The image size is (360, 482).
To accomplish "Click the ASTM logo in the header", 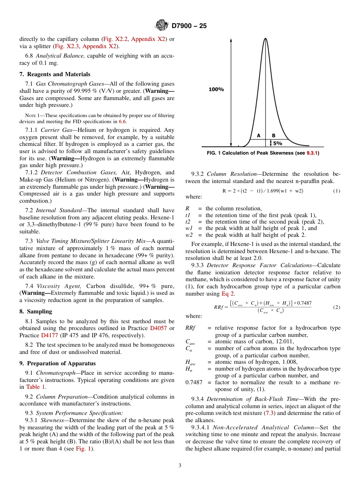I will click(x=162, y=26).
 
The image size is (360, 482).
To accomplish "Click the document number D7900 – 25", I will click(x=189, y=26).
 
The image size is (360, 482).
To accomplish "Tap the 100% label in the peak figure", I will click(x=216, y=89).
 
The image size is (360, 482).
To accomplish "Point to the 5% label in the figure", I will click(x=277, y=143).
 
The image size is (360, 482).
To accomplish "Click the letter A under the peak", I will click(x=258, y=135).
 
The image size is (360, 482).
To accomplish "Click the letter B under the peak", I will click(x=273, y=135).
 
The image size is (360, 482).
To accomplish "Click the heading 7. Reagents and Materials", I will click(x=55, y=74).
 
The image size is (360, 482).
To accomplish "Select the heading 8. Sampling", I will click(x=36, y=311).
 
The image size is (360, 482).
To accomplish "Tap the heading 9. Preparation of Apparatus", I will click(x=57, y=363).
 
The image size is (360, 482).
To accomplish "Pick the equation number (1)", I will click(x=337, y=191).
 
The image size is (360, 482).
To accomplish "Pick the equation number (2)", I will click(x=337, y=307).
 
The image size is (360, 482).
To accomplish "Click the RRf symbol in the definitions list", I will click(x=190, y=328).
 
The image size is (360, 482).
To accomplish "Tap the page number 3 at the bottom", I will click(x=180, y=465).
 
